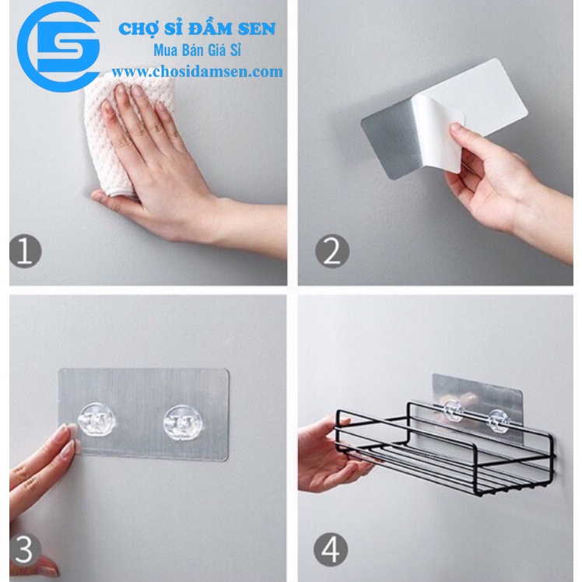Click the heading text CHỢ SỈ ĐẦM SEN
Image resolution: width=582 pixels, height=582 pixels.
click(196, 30)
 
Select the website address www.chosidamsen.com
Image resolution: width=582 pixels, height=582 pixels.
click(202, 72)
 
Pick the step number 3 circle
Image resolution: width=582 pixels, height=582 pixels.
click(26, 549)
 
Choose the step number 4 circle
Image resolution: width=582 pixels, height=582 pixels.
click(331, 549)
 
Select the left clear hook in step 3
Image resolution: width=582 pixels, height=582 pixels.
click(97, 419)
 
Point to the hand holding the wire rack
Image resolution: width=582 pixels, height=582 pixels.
click(331, 451)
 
